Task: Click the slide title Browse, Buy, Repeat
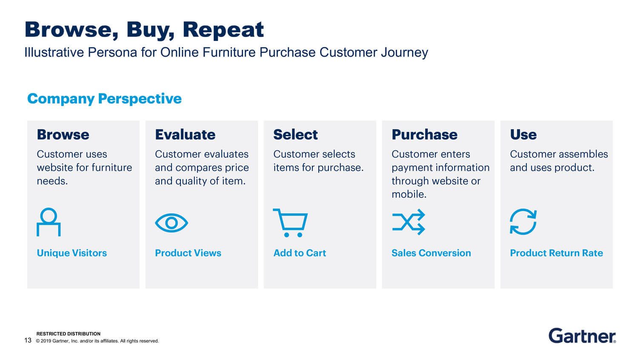tap(144, 30)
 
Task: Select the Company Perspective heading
tap(104, 99)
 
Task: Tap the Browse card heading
tap(63, 134)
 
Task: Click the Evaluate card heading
tap(185, 134)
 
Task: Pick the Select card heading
tap(295, 134)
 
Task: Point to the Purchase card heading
tap(424, 134)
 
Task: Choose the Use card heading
tap(523, 134)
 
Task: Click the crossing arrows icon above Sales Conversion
tap(409, 222)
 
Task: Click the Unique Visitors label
tap(72, 253)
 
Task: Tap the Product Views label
tap(188, 253)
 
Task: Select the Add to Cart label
tap(300, 253)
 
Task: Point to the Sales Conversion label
tap(431, 253)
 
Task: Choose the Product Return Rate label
tap(556, 253)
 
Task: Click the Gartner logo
tap(582, 336)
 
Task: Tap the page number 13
tap(28, 340)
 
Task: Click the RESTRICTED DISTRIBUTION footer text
tap(68, 334)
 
